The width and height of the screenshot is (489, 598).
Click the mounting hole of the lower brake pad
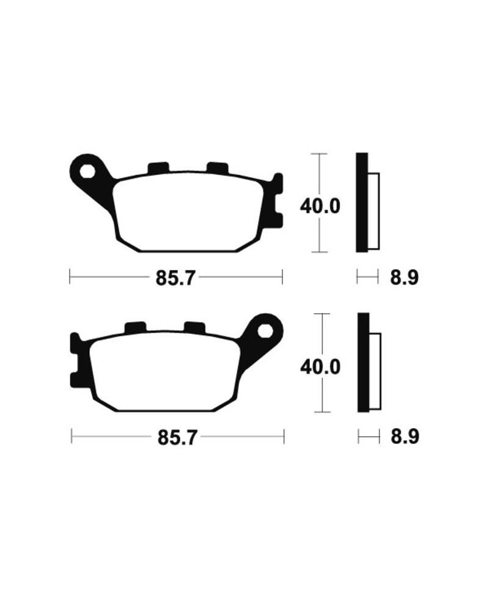tap(266, 331)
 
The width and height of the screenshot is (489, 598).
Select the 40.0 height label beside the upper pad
tap(320, 205)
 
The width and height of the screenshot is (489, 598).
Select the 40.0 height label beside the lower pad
tap(320, 367)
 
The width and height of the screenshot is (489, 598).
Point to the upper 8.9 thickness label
tap(404, 278)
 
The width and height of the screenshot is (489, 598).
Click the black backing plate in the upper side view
tap(362, 202)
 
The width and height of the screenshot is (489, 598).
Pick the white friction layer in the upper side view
tap(373, 210)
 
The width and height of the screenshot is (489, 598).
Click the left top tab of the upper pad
tap(159, 167)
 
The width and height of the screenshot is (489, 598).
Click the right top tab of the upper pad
tap(217, 167)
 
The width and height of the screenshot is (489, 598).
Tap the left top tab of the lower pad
tap(135, 328)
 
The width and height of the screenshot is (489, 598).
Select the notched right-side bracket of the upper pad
tap(277, 202)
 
